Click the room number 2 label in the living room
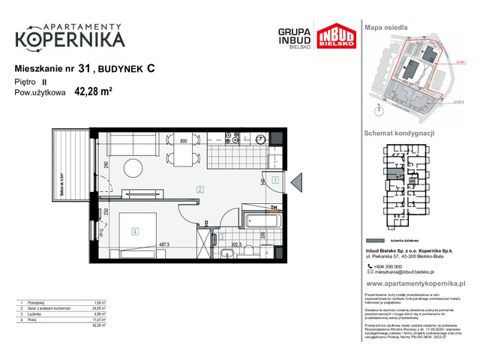click(200, 190)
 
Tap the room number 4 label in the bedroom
click(135, 232)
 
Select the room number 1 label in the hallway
click(276, 180)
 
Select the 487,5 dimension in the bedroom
click(162, 244)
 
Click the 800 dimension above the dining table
click(182, 140)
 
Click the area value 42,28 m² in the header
click(93, 93)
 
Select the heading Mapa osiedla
click(385, 26)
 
